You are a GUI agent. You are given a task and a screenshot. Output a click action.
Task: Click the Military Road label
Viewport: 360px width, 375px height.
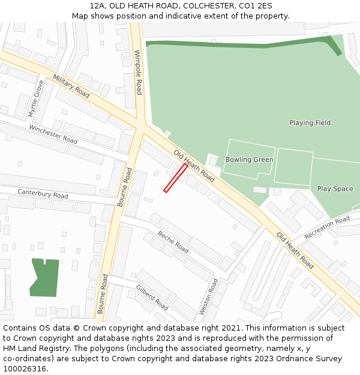(71, 86)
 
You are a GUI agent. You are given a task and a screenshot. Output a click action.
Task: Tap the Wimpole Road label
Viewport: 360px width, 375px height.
(139, 72)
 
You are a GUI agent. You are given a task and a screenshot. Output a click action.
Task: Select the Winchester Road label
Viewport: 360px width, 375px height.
(53, 134)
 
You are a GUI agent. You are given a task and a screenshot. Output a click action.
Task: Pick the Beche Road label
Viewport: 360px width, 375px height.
(173, 241)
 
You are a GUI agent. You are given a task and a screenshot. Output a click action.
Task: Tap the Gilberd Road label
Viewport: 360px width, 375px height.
(152, 297)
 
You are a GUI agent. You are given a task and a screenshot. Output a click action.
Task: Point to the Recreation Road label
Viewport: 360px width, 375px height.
(327, 227)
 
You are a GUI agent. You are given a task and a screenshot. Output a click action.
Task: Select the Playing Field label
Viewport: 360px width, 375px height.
(310, 123)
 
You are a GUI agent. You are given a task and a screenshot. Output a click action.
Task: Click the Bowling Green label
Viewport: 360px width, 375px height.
(249, 160)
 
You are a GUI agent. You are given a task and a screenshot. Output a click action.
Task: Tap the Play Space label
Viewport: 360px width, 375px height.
(335, 189)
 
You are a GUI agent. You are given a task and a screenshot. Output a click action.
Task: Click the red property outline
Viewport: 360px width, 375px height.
(175, 178)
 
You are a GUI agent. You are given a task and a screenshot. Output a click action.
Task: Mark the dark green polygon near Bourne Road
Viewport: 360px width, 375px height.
(44, 277)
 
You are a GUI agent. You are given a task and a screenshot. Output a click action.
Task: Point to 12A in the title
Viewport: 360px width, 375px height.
(98, 6)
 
